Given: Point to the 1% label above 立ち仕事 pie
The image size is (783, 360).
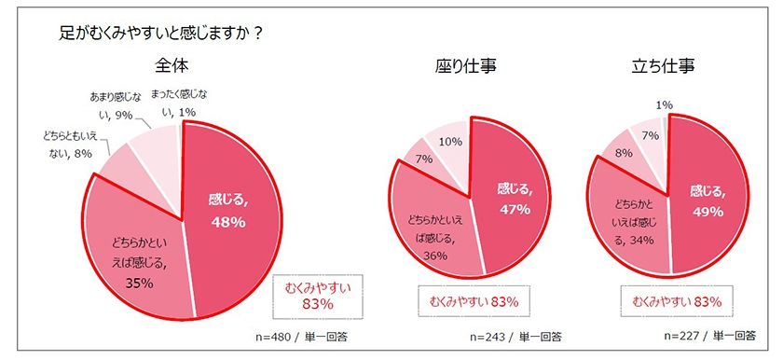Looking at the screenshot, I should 665,104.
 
